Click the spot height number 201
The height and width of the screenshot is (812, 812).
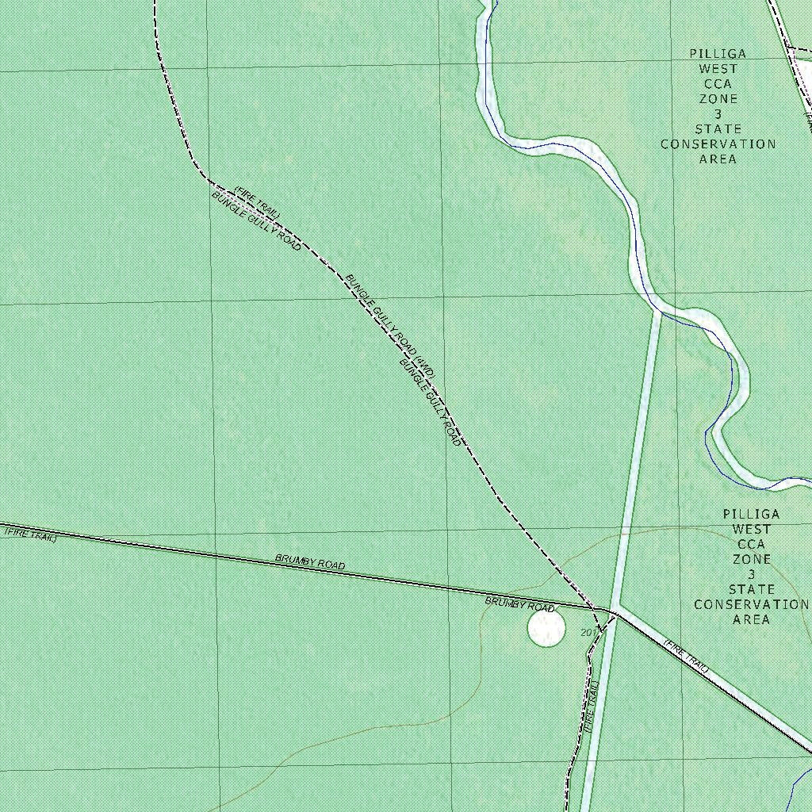tap(588, 632)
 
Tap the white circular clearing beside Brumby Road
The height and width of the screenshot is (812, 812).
tap(546, 627)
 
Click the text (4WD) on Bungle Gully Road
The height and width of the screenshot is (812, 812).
tap(426, 366)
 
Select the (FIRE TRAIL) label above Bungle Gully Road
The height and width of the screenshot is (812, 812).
tap(257, 201)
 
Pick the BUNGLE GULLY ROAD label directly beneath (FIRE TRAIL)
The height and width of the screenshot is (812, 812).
tap(255, 221)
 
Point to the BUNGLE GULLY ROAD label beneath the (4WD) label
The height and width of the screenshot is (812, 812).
tap(430, 402)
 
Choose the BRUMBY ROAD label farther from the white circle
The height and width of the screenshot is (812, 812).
tap(310, 562)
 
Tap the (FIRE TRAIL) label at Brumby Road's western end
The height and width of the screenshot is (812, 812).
tap(31, 534)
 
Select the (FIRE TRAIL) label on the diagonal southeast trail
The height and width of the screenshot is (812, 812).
tap(686, 657)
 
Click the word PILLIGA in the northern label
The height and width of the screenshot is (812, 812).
tap(718, 54)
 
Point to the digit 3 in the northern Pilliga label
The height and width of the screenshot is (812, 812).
tap(718, 114)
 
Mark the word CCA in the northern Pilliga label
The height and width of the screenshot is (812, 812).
tap(718, 84)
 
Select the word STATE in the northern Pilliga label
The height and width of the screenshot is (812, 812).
tap(718, 129)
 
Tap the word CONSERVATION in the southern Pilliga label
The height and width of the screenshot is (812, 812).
tap(751, 604)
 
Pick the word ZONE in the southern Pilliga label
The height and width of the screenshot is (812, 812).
tap(751, 559)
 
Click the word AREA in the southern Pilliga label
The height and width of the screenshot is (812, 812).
tap(751, 619)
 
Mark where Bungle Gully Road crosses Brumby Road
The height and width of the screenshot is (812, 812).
tap(594, 608)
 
